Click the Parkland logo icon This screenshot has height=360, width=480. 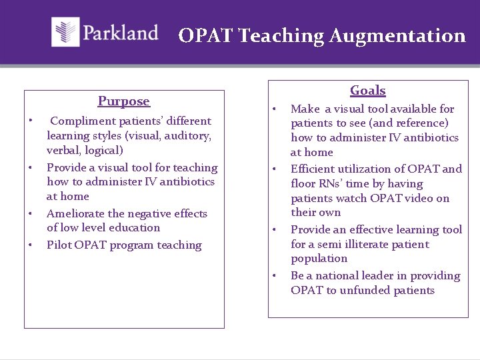pos(65,32)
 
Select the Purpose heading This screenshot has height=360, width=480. pos(124,101)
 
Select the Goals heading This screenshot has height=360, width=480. pos(368,91)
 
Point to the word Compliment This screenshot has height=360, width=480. pos(83,121)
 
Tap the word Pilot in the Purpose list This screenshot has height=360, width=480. pos(58,245)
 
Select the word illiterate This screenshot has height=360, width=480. pos(345,245)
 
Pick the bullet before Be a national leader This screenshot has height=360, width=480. pos(274,275)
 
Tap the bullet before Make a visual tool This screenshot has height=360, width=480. pos(274,108)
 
